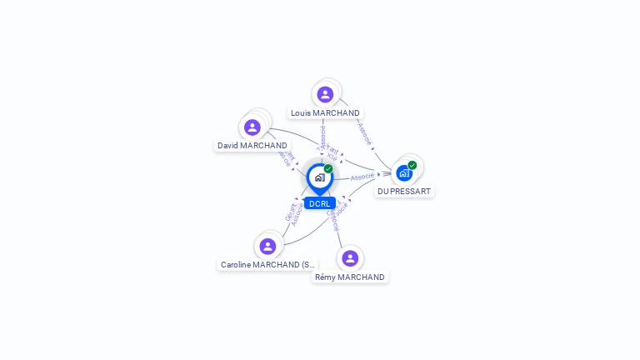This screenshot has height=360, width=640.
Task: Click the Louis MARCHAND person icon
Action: point(325,94)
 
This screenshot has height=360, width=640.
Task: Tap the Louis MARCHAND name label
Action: point(325,112)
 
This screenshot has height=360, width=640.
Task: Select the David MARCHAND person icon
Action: point(252,127)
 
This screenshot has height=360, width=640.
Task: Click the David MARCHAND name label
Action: point(252,145)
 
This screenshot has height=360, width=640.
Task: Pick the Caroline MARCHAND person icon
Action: point(267,246)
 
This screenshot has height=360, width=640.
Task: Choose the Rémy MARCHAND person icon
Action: point(350,258)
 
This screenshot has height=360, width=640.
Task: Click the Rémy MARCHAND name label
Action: point(350,277)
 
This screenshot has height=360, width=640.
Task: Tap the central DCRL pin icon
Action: point(319,177)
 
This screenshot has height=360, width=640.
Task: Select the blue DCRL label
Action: point(320,203)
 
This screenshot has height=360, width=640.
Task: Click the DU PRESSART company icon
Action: point(404,173)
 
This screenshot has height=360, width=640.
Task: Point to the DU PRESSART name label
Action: point(404,191)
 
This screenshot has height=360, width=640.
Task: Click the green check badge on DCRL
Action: point(328,169)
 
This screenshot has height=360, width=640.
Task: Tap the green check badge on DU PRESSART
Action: point(412,165)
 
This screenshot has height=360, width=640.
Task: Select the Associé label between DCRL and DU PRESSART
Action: point(362,177)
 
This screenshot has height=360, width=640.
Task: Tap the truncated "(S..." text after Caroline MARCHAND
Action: point(307,264)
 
